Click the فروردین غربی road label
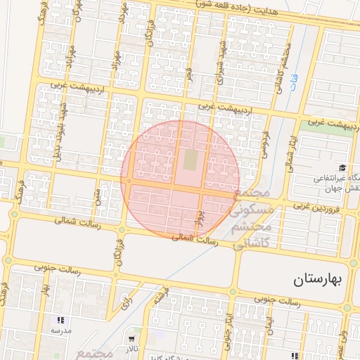pyautogui.click(x=316, y=208)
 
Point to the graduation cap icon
pyautogui.click(x=342, y=167)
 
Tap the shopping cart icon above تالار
pyautogui.click(x=131, y=330)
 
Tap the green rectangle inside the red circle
pyautogui.click(x=191, y=160)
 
